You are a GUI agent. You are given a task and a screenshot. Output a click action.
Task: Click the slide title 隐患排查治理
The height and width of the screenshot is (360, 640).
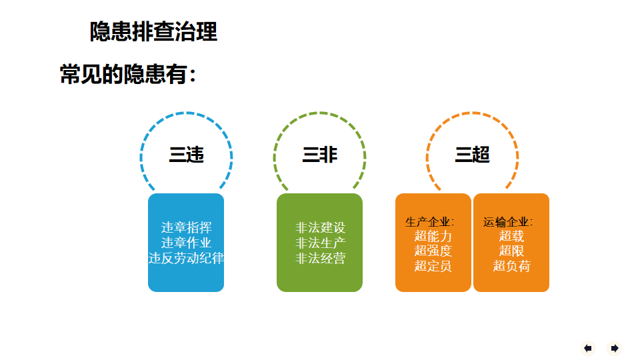tap(153, 31)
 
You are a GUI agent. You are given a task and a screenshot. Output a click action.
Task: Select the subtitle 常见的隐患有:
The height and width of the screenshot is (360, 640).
tap(128, 74)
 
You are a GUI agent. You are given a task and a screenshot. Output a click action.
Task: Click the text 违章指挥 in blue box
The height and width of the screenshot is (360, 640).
tap(186, 227)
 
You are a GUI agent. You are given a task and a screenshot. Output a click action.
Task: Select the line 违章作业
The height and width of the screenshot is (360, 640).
tap(186, 243)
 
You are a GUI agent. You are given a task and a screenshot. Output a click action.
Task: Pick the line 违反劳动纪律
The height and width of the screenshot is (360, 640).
tap(186, 258)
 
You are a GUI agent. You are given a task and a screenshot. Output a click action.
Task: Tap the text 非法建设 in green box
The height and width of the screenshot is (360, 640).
tap(320, 227)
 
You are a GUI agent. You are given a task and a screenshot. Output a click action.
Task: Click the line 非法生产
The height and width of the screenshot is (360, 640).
tap(320, 243)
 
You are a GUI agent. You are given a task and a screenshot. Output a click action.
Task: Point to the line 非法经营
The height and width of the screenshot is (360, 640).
tap(320, 258)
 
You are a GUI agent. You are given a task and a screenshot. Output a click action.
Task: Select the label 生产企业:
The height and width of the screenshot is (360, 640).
tap(429, 222)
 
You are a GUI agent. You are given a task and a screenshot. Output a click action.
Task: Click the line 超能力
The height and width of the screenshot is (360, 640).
tap(433, 236)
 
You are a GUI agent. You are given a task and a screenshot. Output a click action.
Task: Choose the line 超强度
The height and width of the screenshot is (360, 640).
tap(433, 251)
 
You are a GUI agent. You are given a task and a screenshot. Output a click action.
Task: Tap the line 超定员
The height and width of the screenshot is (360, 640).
tap(433, 266)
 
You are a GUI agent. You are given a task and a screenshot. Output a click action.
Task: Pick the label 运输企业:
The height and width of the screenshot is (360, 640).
tap(508, 222)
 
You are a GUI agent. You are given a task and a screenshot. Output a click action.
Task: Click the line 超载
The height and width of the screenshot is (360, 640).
tap(511, 236)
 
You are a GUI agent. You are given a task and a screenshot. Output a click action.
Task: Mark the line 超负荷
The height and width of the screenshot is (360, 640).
tap(511, 266)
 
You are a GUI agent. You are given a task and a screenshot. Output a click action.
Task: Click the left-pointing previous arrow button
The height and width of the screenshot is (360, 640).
tap(588, 348)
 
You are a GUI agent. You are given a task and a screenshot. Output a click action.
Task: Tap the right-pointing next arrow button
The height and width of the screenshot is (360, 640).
tap(614, 348)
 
